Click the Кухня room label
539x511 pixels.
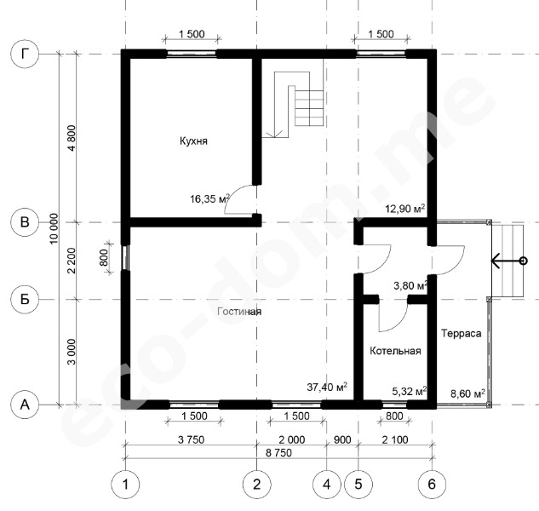click(x=193, y=141)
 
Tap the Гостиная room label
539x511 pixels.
click(x=239, y=312)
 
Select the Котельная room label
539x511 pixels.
click(x=395, y=351)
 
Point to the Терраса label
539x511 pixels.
click(x=462, y=333)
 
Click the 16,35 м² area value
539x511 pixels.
click(x=209, y=198)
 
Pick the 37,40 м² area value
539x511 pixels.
click(x=327, y=387)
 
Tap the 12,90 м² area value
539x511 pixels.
click(x=405, y=209)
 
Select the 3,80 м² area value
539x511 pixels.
click(x=410, y=285)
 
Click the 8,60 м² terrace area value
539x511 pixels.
click(x=467, y=393)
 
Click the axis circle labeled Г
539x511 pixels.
click(x=25, y=54)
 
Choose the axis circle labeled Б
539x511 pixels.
click(x=25, y=299)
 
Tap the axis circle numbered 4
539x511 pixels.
click(x=327, y=485)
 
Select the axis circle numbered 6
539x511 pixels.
click(x=432, y=485)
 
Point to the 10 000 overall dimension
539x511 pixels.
click(x=54, y=229)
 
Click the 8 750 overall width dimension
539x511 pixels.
click(x=278, y=452)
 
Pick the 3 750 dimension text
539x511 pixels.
click(x=191, y=439)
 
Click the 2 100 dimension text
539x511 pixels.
click(x=395, y=439)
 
